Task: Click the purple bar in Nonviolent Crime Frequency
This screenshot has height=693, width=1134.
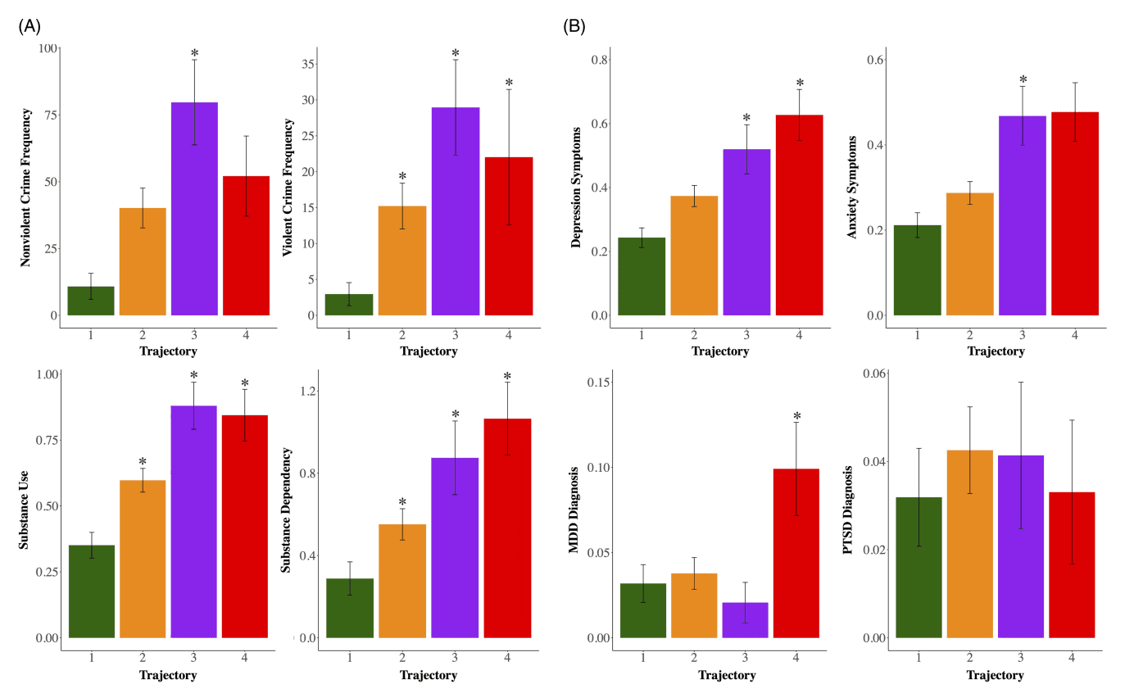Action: coord(194,209)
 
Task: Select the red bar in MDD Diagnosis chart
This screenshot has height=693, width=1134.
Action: coord(796,553)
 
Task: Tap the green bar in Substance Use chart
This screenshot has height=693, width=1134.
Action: coord(92,591)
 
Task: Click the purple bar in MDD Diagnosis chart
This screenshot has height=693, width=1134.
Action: coord(745,620)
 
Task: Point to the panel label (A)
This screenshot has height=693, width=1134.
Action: coord(29,26)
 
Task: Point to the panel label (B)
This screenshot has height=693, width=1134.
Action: coord(574,26)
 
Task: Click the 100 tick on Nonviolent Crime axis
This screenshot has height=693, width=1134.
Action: coord(48,48)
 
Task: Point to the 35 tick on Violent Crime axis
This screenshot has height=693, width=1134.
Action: coord(310,64)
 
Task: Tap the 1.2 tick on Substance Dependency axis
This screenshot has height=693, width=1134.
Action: coord(309,391)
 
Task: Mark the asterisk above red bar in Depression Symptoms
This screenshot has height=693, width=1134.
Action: coord(800,84)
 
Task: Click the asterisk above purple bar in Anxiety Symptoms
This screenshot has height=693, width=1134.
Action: coord(1023,80)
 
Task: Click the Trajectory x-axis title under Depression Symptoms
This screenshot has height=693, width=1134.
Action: coord(720,351)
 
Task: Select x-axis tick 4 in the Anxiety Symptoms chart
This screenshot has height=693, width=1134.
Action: coord(1074,335)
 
